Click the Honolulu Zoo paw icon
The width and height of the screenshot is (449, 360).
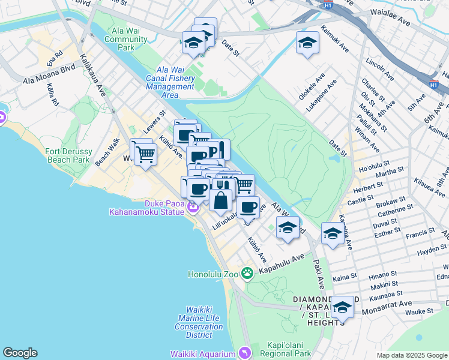(247, 273)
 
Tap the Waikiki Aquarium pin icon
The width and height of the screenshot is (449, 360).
(244, 352)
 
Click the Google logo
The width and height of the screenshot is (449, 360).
(20, 353)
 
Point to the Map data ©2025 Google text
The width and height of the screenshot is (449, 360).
(411, 355)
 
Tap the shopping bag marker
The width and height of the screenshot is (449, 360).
(221, 200)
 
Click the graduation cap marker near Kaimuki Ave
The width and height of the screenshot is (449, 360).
(307, 43)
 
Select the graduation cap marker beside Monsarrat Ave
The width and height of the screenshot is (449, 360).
(342, 308)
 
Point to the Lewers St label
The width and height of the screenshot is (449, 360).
(154, 122)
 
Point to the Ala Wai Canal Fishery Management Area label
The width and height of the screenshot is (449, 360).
(170, 82)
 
